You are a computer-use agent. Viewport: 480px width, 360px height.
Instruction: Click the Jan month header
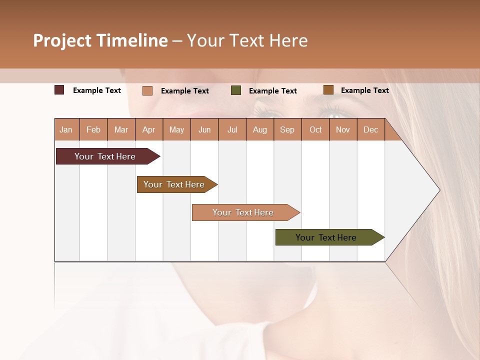pyautogui.click(x=66, y=129)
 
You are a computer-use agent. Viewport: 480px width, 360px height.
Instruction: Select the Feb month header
pyautogui.click(x=93, y=129)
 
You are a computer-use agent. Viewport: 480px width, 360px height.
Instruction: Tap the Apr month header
pyautogui.click(x=148, y=129)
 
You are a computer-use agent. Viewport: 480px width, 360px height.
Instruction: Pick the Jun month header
pyautogui.click(x=204, y=129)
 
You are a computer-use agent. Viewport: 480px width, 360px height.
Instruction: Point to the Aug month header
pyautogui.click(x=259, y=129)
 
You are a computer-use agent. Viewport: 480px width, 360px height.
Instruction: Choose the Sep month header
pyautogui.click(x=287, y=129)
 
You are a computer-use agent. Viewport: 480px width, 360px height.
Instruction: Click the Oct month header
pyautogui.click(x=315, y=129)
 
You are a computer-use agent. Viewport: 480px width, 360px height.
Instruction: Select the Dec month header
pyautogui.click(x=370, y=129)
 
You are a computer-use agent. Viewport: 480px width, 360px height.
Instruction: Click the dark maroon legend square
pyautogui.click(x=59, y=90)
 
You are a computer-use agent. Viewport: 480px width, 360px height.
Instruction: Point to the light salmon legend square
pyautogui.click(x=147, y=90)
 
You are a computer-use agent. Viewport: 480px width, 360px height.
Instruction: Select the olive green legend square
pyautogui.click(x=236, y=90)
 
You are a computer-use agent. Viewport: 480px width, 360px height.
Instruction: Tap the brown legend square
pyautogui.click(x=328, y=90)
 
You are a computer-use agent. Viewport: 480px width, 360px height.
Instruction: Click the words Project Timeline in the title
pyautogui.click(x=100, y=40)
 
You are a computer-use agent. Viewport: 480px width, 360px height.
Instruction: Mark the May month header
pyautogui.click(x=176, y=129)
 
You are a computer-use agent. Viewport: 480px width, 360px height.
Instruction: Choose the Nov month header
pyautogui.click(x=343, y=129)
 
